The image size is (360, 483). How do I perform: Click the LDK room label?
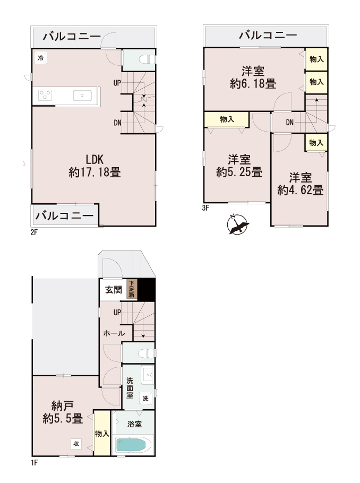tap(95, 159)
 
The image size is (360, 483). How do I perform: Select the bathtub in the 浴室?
tap(133, 444)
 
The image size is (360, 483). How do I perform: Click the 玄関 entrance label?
tap(113, 290)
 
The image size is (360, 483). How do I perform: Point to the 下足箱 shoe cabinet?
tap(131, 289)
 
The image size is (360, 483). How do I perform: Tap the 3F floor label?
tap(206, 208)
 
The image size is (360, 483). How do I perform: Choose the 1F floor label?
tap(35, 463)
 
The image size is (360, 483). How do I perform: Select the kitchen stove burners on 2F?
tap(45, 96)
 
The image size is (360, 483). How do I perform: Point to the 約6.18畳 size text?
tap(253, 83)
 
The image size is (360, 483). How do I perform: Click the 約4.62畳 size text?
tap(300, 189)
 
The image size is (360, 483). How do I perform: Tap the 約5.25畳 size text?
tap(239, 172)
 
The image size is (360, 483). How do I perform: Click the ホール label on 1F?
tap(114, 333)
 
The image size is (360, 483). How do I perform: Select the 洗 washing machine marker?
tap(144, 398)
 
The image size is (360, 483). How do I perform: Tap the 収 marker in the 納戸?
tap(76, 444)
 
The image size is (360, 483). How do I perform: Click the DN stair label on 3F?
tap(289, 123)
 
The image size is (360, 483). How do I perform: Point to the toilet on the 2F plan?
tap(145, 59)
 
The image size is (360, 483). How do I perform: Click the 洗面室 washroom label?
tap(129, 388)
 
